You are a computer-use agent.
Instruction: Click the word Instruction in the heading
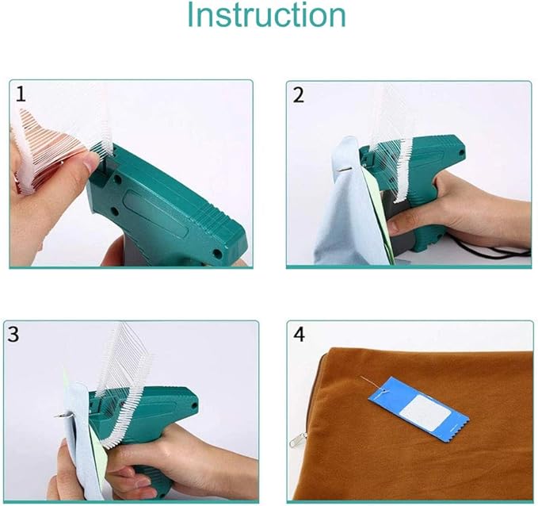(266, 15)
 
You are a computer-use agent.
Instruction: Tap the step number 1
(21, 94)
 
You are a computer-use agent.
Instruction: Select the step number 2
(298, 95)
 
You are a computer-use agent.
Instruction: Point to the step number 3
(13, 334)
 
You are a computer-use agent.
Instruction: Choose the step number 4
(300, 334)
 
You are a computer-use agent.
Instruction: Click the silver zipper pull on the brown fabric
(296, 440)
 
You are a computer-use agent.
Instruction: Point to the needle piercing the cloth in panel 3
(63, 416)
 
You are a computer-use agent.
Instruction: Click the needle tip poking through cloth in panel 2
(345, 168)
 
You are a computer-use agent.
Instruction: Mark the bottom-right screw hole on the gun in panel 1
(217, 254)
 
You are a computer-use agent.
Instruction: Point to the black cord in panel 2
(494, 248)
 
